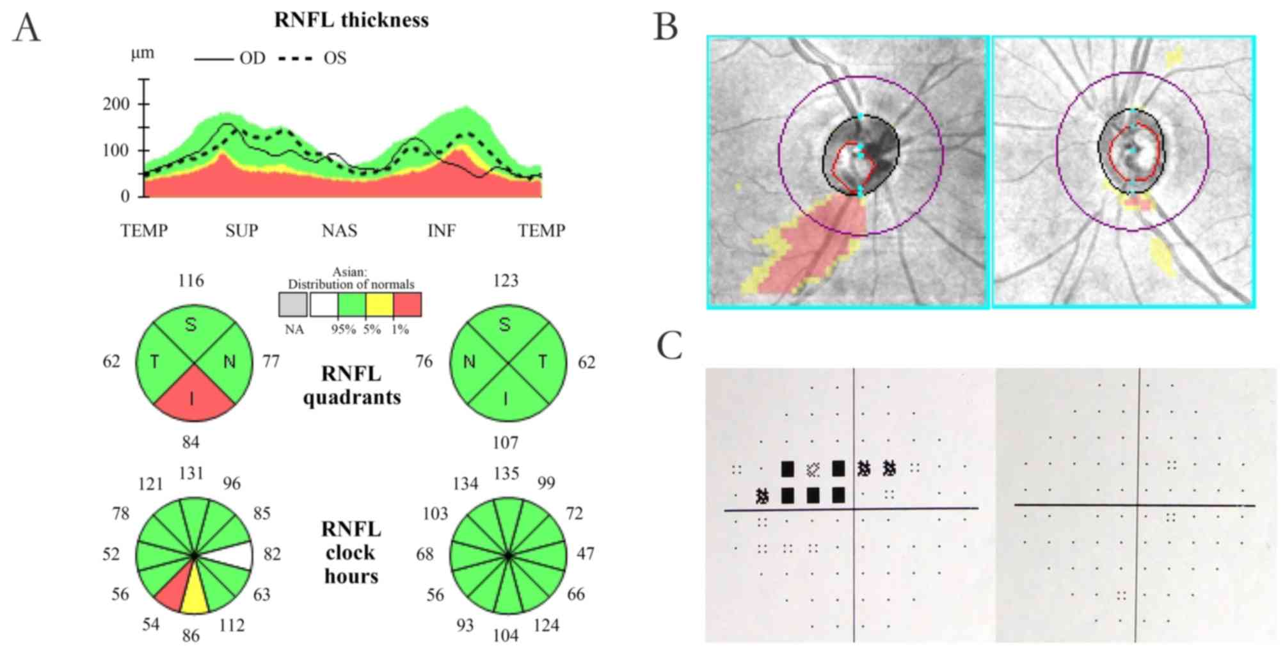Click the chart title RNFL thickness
click(351, 20)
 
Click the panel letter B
click(666, 28)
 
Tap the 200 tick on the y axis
click(116, 104)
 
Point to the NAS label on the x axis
click(339, 230)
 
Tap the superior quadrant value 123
click(506, 280)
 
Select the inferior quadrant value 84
click(191, 442)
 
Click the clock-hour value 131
click(191, 474)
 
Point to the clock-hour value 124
click(546, 625)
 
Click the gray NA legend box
click(293, 305)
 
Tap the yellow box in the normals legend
click(379, 305)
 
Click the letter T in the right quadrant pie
click(543, 362)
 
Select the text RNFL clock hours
click(351, 552)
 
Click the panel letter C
click(669, 346)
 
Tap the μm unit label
click(142, 53)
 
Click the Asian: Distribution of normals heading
click(350, 278)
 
